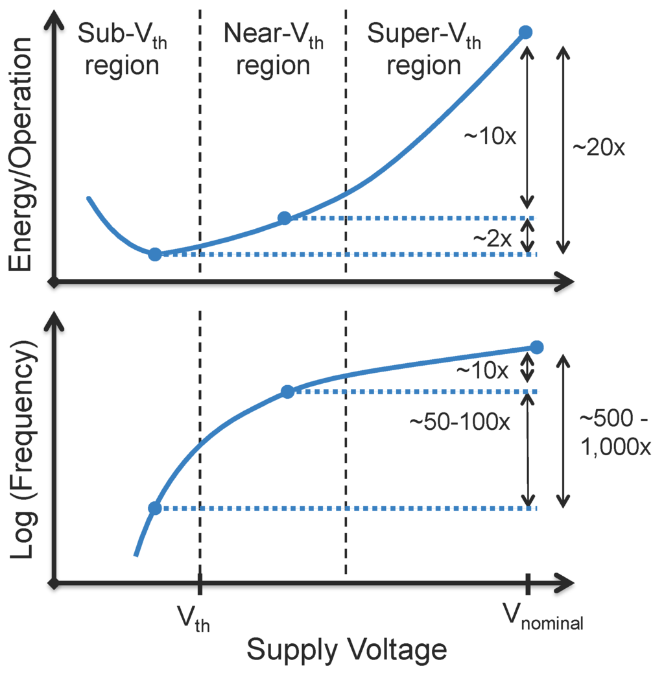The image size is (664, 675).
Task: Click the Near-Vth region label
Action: click(273, 49)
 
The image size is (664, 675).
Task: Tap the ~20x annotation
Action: click(599, 148)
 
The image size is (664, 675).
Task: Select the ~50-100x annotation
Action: click(459, 421)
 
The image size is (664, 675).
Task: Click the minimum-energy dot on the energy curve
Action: click(154, 254)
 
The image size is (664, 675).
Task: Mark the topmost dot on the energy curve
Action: click(526, 32)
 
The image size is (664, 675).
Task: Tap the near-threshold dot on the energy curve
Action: click(284, 218)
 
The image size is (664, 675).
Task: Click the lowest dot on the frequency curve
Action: click(154, 508)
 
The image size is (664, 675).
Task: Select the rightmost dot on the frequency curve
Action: click(536, 347)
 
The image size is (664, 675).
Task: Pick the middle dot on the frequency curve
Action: click(287, 391)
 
